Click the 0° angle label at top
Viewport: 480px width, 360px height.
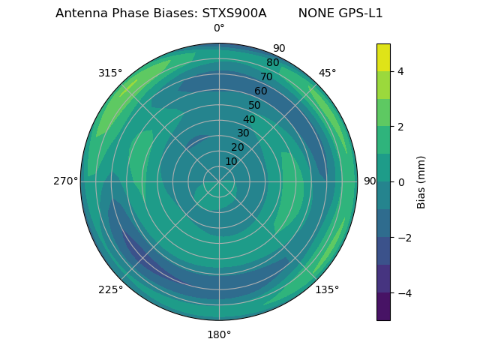coord(219,28)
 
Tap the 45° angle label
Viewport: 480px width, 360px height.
coord(327,73)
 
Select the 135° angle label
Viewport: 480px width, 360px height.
coord(327,289)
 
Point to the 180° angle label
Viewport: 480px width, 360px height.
coord(219,334)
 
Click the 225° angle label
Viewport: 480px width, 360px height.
coord(110,289)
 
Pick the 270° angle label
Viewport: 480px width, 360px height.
coord(65,181)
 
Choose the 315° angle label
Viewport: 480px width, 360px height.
coord(110,73)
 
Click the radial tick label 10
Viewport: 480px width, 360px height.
coord(231,162)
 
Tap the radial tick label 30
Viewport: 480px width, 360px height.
coord(243,133)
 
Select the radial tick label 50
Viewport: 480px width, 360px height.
coord(254,106)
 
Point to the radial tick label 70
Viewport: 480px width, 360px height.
coord(266,77)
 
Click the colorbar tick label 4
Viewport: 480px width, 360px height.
coord(401,71)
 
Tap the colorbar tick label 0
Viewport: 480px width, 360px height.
coord(401,182)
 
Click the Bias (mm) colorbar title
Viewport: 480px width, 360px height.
coord(421,182)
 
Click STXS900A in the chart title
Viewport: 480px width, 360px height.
coord(234,13)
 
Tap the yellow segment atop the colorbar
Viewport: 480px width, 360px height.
coord(383,57)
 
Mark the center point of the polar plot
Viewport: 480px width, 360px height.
coord(219,181)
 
